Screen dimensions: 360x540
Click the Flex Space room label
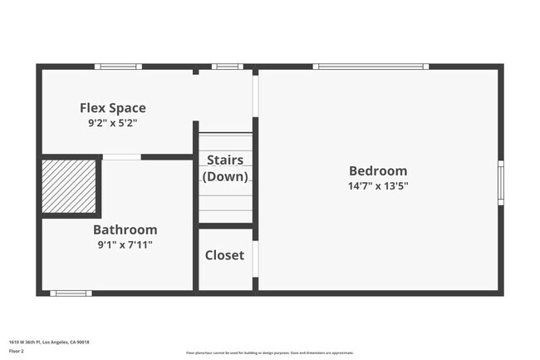(112, 107)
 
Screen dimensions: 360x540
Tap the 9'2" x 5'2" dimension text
(112, 123)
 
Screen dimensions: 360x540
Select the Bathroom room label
(125, 229)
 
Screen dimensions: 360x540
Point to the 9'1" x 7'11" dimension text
(125, 244)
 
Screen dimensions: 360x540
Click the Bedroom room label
(378, 170)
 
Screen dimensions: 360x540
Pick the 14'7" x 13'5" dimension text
(378, 186)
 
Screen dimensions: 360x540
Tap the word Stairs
(225, 160)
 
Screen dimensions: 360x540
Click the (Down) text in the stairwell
(225, 176)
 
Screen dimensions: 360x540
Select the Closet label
(225, 255)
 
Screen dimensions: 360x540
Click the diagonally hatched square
(69, 185)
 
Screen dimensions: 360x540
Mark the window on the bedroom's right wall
(500, 182)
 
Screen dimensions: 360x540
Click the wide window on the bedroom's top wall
(371, 67)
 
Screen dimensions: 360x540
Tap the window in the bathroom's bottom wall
(71, 293)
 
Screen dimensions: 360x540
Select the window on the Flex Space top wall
(118, 67)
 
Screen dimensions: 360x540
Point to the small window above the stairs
(227, 67)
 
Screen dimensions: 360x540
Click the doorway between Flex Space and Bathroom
(121, 156)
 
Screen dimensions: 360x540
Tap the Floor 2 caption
(17, 352)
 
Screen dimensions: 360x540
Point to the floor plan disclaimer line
(269, 353)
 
